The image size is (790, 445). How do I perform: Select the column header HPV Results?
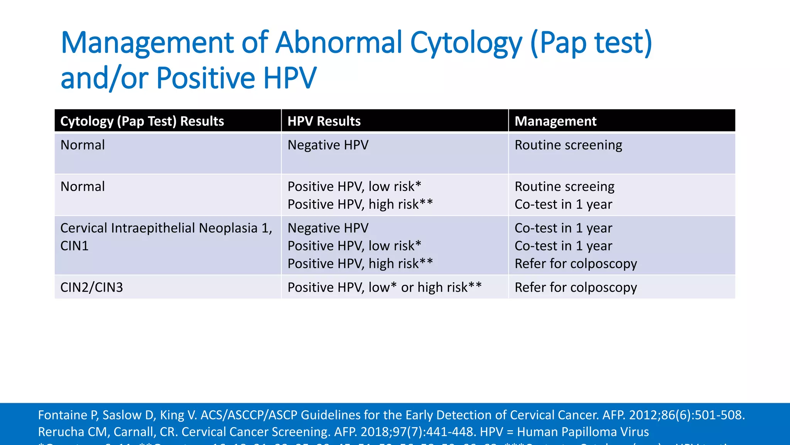pyautogui.click(x=324, y=121)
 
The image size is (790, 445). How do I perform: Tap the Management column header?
pyautogui.click(x=555, y=121)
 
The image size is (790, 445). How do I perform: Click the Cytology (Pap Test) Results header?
pyautogui.click(x=142, y=121)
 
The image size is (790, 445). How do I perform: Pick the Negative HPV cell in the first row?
pyautogui.click(x=328, y=145)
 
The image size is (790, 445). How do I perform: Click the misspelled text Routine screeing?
pyautogui.click(x=564, y=187)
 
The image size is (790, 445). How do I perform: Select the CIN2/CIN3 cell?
pyautogui.click(x=91, y=287)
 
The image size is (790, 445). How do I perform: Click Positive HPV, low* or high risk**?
pyautogui.click(x=385, y=287)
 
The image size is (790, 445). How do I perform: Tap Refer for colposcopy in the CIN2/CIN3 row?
pyautogui.click(x=576, y=287)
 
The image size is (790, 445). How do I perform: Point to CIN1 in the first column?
pyautogui.click(x=74, y=246)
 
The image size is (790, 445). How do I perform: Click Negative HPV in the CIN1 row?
pyautogui.click(x=328, y=228)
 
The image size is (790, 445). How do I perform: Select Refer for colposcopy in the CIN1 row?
pyautogui.click(x=576, y=264)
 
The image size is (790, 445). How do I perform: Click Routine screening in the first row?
pyautogui.click(x=568, y=145)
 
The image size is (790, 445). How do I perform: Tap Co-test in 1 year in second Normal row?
pyautogui.click(x=563, y=204)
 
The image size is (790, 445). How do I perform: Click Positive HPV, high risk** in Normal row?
pyautogui.click(x=360, y=204)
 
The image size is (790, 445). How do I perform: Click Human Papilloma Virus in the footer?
pyautogui.click(x=582, y=432)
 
